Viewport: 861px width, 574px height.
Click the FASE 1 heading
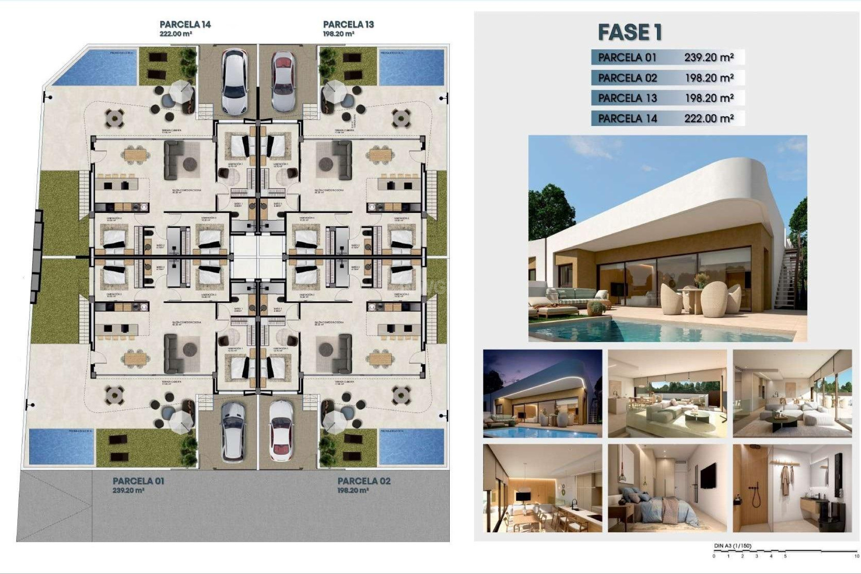[630, 32]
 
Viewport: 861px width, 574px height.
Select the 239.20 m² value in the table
[709, 57]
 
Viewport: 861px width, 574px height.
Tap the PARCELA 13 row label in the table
[627, 98]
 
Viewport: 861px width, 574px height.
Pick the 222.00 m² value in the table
[709, 118]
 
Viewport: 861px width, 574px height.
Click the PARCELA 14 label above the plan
[185, 25]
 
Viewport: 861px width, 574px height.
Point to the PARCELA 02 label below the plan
[364, 481]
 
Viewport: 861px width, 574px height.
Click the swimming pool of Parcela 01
[61, 446]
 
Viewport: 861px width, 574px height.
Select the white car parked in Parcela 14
[235, 81]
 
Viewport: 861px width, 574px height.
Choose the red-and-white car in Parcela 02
[281, 431]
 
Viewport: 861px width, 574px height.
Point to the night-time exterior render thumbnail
[542, 393]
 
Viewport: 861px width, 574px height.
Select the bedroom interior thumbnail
[667, 488]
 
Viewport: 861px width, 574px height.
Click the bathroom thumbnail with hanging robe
[792, 488]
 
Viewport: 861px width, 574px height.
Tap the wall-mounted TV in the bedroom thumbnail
[708, 476]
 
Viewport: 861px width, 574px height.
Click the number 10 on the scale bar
[857, 556]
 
